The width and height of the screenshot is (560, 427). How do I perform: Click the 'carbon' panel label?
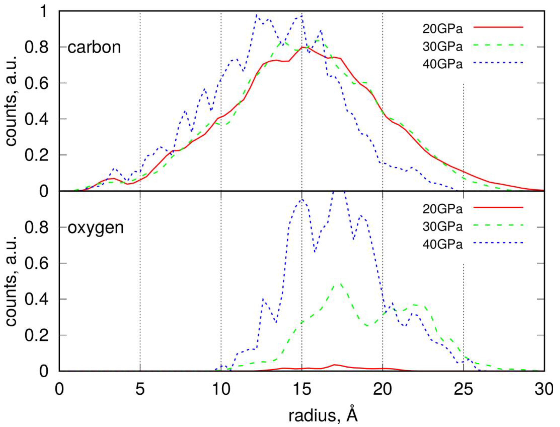pyautogui.click(x=94, y=47)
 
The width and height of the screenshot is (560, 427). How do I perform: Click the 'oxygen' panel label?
pyautogui.click(x=96, y=227)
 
